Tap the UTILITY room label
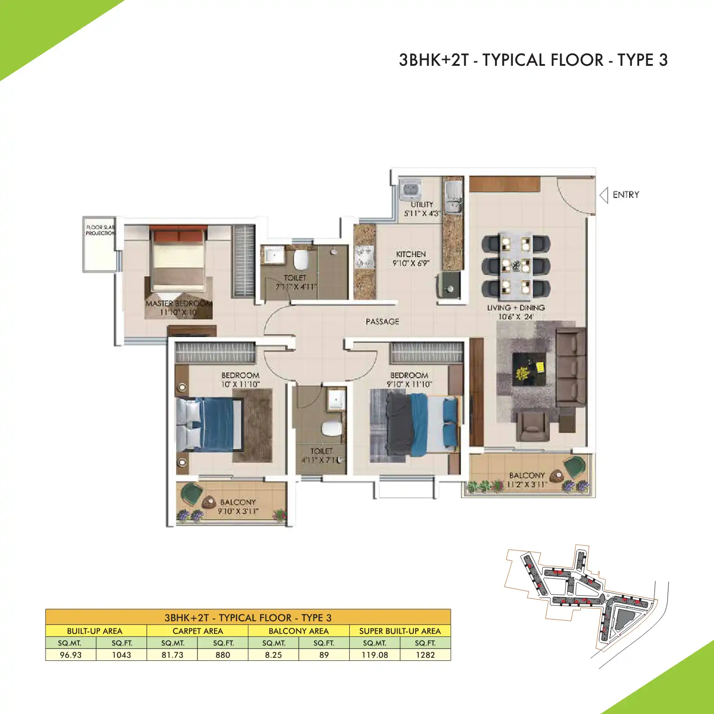(422, 205)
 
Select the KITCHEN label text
(411, 254)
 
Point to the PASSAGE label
(382, 321)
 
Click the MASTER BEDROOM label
(178, 304)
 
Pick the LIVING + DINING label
(516, 308)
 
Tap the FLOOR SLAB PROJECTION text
(100, 230)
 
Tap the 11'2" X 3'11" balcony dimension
(527, 485)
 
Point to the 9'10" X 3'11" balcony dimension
(238, 511)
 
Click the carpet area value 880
(223, 655)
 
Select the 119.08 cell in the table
(375, 655)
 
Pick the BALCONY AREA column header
(298, 631)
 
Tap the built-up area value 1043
(121, 655)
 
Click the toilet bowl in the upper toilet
(300, 259)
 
